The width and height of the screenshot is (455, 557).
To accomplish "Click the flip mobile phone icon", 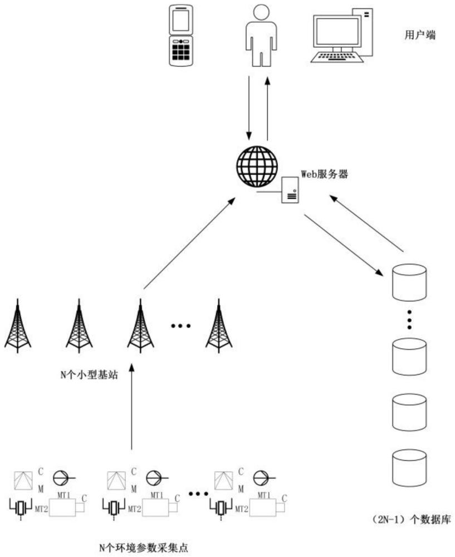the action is [x=181, y=35].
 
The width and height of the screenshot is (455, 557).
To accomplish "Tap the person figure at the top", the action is [x=261, y=35].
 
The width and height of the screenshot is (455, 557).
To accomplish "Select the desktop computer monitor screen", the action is [x=337, y=31].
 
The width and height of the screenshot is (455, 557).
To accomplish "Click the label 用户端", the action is [x=420, y=35].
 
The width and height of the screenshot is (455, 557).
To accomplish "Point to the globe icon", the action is [x=257, y=167].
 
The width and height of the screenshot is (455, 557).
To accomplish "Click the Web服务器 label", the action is [x=324, y=174].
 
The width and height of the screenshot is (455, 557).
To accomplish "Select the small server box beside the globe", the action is [x=290, y=190].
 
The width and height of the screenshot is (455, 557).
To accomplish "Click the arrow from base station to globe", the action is [x=189, y=244].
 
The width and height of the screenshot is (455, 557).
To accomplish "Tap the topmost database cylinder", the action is [x=409, y=282].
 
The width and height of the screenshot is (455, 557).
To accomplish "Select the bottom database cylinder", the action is [x=409, y=468].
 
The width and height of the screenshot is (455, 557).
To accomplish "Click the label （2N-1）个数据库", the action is [x=411, y=520].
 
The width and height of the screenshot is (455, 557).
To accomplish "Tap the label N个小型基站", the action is [x=89, y=375].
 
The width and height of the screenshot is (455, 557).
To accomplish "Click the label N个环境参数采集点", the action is [x=144, y=548].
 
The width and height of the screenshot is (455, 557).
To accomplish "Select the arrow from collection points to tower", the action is [x=132, y=407].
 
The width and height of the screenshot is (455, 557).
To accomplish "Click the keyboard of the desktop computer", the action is [x=337, y=57].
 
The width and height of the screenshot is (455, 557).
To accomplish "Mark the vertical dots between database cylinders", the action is [x=409, y=319].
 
